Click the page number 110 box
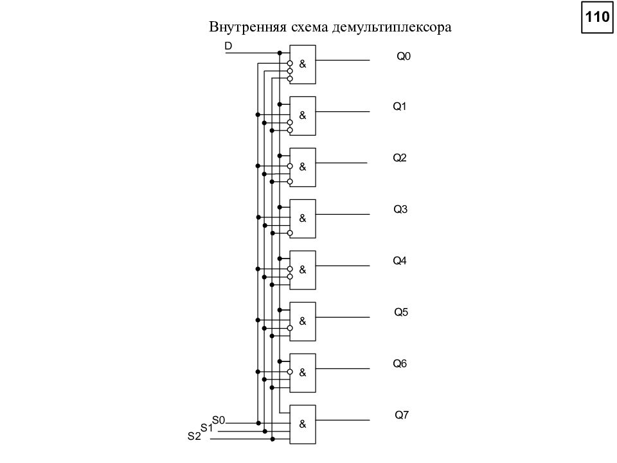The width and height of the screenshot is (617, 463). pos(597,17)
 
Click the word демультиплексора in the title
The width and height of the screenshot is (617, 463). pos(391,27)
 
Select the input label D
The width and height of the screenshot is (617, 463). pos(228,46)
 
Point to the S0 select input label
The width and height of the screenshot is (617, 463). pos(219,420)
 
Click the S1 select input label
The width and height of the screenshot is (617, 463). pos(206,428)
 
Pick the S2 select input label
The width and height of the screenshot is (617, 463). pos(194,436)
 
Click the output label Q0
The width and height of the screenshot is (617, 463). pos(404,57)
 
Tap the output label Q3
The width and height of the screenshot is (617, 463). pos(400,209)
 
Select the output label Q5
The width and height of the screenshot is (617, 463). pos(401,313)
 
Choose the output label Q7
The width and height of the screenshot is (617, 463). pos(402,415)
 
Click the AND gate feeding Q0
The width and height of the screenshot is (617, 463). pos(303,64)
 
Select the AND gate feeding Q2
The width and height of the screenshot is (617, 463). pos(303,167)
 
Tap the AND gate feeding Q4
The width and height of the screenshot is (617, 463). pos(303,270)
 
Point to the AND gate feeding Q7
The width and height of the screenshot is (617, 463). pos(303,424)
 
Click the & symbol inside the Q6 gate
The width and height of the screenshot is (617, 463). pos(303,372)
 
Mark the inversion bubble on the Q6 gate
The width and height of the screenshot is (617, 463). pos(290,372)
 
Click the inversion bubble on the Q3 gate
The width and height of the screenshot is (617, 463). pos(290,233)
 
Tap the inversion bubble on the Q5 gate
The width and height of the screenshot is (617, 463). pos(290,328)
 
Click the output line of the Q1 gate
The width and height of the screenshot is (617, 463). pos(343,111)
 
